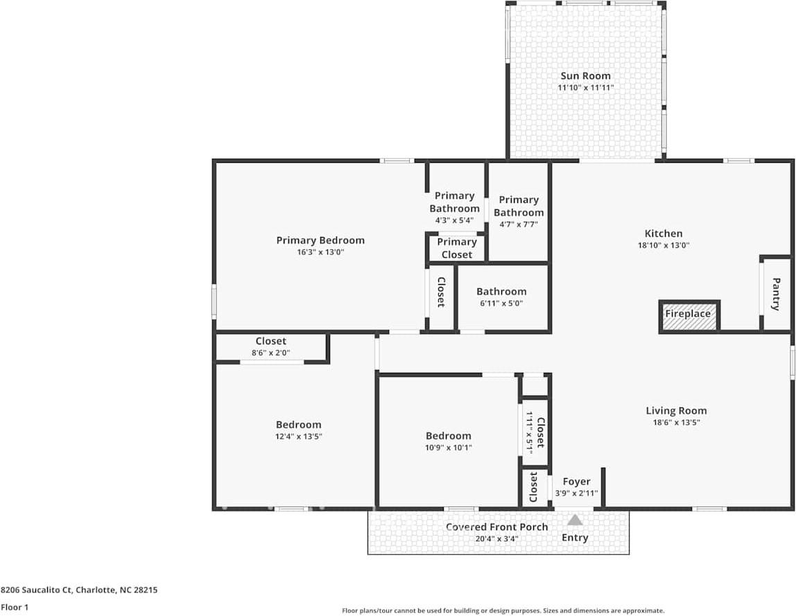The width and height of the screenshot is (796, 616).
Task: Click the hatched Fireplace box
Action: tap(689, 317)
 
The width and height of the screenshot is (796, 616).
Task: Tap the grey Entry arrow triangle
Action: tap(575, 520)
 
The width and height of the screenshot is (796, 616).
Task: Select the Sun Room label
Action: tap(585, 76)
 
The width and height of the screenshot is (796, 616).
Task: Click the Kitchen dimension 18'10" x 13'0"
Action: tap(664, 245)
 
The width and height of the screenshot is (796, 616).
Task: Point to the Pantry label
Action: tap(776, 294)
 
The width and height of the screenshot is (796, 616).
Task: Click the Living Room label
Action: tap(676, 410)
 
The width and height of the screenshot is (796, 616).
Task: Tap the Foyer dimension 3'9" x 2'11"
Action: tap(576, 493)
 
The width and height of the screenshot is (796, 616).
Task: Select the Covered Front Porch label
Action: tap(497, 527)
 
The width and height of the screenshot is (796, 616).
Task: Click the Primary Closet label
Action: tap(457, 248)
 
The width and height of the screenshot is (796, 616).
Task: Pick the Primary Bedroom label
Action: tap(320, 240)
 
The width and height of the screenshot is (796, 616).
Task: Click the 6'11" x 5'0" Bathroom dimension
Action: tap(501, 303)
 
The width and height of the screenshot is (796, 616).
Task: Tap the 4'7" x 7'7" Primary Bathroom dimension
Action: tap(519, 225)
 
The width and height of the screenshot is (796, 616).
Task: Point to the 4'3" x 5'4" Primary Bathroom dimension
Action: tap(454, 220)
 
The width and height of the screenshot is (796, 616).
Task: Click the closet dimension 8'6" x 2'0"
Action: tap(271, 353)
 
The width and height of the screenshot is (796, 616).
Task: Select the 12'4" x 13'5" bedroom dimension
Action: tap(298, 437)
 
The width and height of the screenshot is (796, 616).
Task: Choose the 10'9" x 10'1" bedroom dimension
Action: tap(448, 448)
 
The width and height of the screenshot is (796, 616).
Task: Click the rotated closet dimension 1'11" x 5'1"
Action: tap(530, 432)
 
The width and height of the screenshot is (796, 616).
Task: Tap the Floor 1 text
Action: tap(15, 607)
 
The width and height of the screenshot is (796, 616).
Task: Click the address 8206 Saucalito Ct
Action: tap(37, 590)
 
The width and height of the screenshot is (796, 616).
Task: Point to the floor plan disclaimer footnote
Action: tap(503, 610)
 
